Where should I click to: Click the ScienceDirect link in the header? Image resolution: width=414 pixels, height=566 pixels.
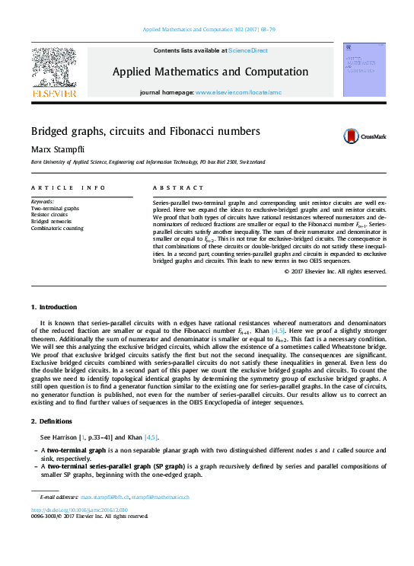click(248, 50)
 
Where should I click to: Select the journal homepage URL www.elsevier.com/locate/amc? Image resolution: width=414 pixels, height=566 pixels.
click(238, 92)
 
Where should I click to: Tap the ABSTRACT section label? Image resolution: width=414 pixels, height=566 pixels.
click(172, 187)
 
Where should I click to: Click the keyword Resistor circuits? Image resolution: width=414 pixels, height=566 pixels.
click(49, 215)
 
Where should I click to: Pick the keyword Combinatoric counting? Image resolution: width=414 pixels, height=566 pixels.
click(57, 229)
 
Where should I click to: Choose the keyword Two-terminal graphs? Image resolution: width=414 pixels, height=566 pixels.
click(55, 208)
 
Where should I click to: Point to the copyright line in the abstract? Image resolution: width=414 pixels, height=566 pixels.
click(335, 271)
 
